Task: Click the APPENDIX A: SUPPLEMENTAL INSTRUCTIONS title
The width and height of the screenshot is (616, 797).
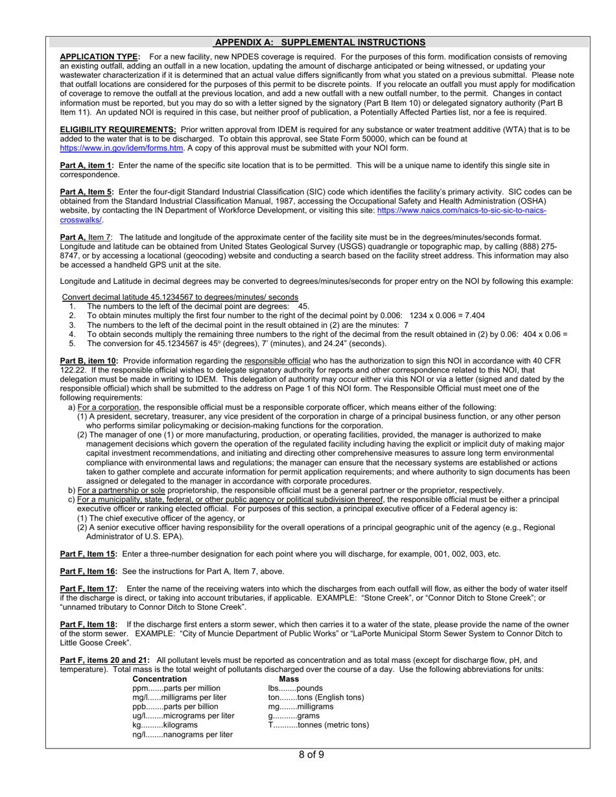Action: (320, 43)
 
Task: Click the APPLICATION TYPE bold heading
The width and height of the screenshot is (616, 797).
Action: (99, 57)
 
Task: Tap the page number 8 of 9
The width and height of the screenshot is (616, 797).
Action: (311, 755)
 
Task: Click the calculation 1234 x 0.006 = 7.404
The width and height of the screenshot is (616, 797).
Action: (447, 316)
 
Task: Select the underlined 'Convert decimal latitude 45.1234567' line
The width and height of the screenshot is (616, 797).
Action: (180, 297)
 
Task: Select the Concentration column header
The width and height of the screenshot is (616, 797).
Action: (160, 679)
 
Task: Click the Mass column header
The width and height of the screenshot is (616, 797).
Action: (289, 679)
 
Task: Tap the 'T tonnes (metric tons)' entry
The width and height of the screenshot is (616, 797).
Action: (318, 725)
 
